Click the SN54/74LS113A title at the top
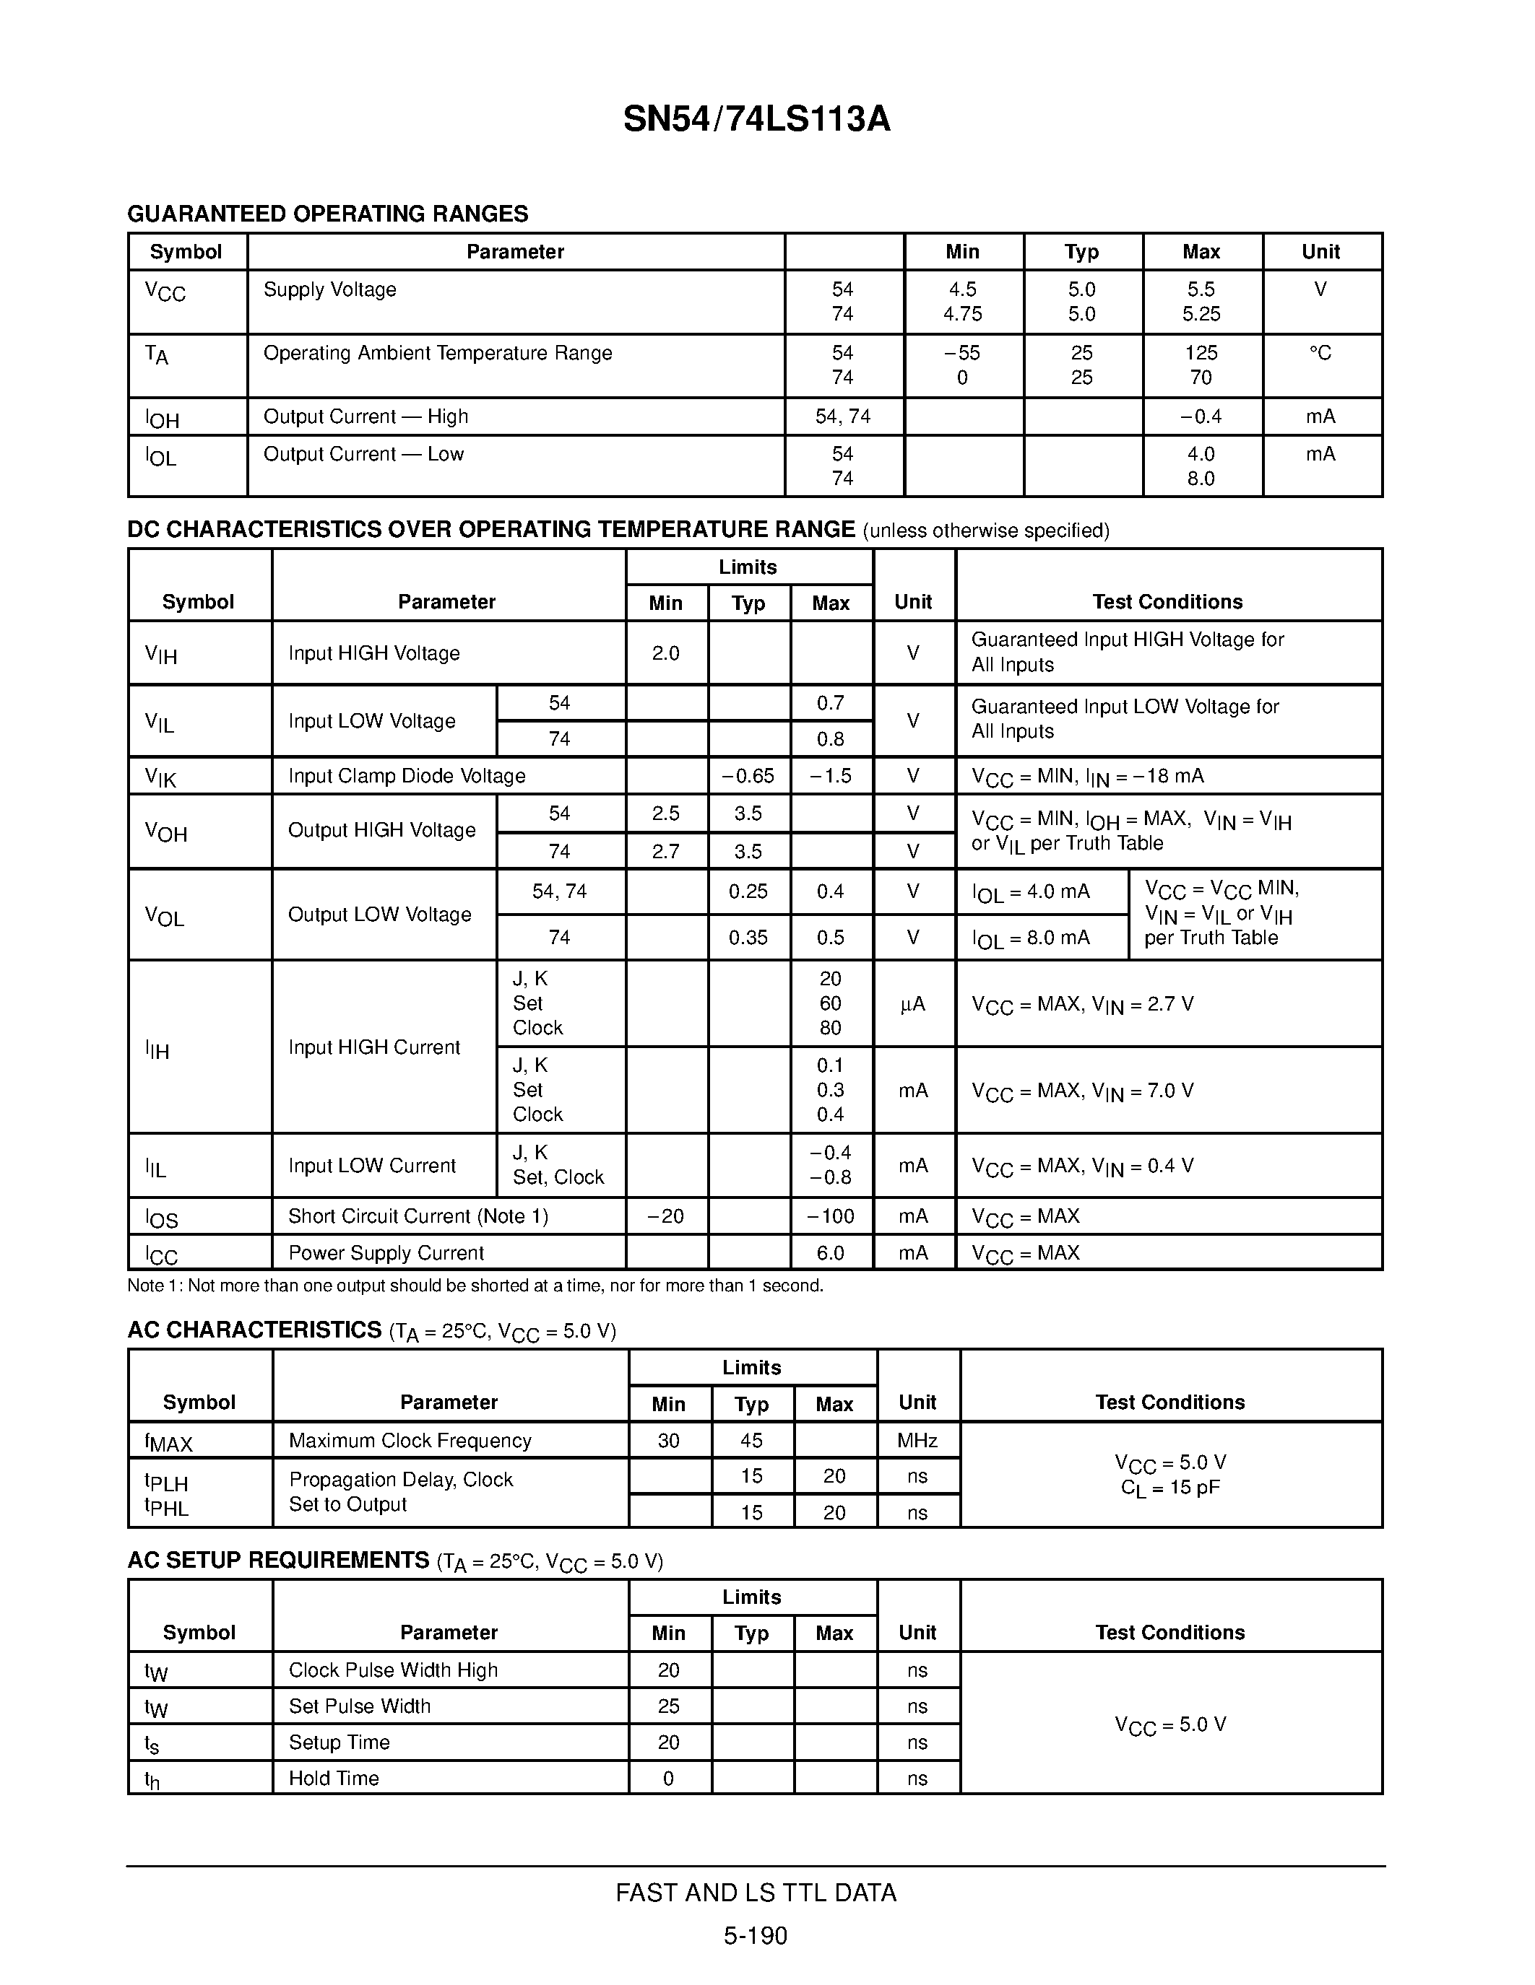[756, 119]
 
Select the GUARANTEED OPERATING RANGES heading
[327, 214]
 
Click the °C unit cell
[1320, 353]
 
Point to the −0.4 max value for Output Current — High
[1201, 416]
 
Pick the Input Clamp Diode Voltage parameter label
[407, 776]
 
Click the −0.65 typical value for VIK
[748, 776]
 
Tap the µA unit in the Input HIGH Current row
[913, 1003]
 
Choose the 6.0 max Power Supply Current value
[830, 1252]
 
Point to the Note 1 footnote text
[475, 1285]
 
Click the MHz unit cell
[917, 1441]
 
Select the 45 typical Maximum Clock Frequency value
[751, 1441]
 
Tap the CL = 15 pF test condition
[1170, 1488]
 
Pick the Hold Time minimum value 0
[668, 1779]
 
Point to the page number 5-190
[756, 1936]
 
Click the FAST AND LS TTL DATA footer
[756, 1893]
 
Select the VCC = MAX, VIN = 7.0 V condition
[1082, 1091]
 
